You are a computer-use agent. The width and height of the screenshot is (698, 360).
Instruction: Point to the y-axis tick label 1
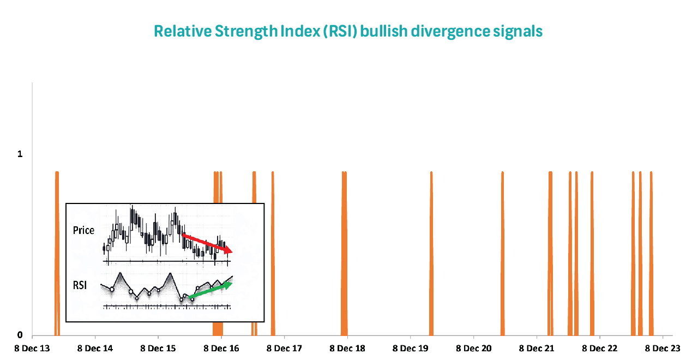tap(20, 154)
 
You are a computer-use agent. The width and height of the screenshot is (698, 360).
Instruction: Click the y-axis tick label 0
tap(20, 335)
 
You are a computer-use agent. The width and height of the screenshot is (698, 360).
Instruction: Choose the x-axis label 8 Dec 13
tap(32, 349)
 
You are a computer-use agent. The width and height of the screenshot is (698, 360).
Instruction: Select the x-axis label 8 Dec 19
tap(411, 349)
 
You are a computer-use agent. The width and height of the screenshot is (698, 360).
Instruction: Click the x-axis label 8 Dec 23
tap(663, 349)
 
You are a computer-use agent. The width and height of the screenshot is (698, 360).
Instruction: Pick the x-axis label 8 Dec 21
tap(537, 349)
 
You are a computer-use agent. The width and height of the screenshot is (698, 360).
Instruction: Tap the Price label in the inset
tap(83, 230)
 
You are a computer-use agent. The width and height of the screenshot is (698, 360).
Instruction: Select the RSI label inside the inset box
tap(80, 285)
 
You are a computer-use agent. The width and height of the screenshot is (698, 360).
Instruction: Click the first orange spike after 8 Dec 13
tap(57, 251)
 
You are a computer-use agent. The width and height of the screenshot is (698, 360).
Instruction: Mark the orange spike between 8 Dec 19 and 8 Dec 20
tap(431, 251)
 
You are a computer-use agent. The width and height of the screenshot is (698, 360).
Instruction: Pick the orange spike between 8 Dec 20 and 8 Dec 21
tap(502, 251)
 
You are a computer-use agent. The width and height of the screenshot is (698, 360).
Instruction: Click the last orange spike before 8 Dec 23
tap(651, 251)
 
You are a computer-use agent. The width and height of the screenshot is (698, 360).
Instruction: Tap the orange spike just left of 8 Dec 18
tap(344, 251)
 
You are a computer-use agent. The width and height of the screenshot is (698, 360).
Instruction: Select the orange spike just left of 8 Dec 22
tap(592, 251)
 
